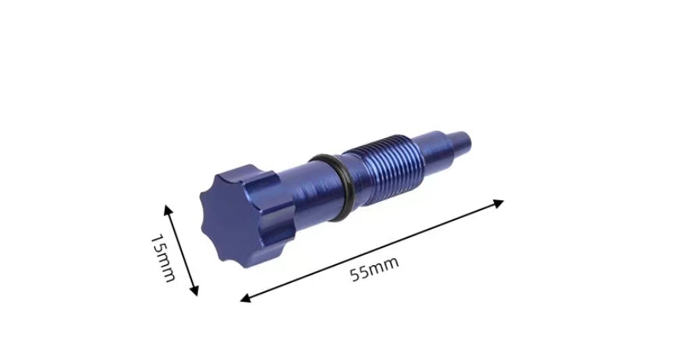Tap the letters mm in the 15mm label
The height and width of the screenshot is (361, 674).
point(165,268)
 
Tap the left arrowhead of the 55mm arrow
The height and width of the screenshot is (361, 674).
point(244,299)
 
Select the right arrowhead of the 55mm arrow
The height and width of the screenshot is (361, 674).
point(499,203)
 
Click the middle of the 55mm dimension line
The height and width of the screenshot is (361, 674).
point(372,250)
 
